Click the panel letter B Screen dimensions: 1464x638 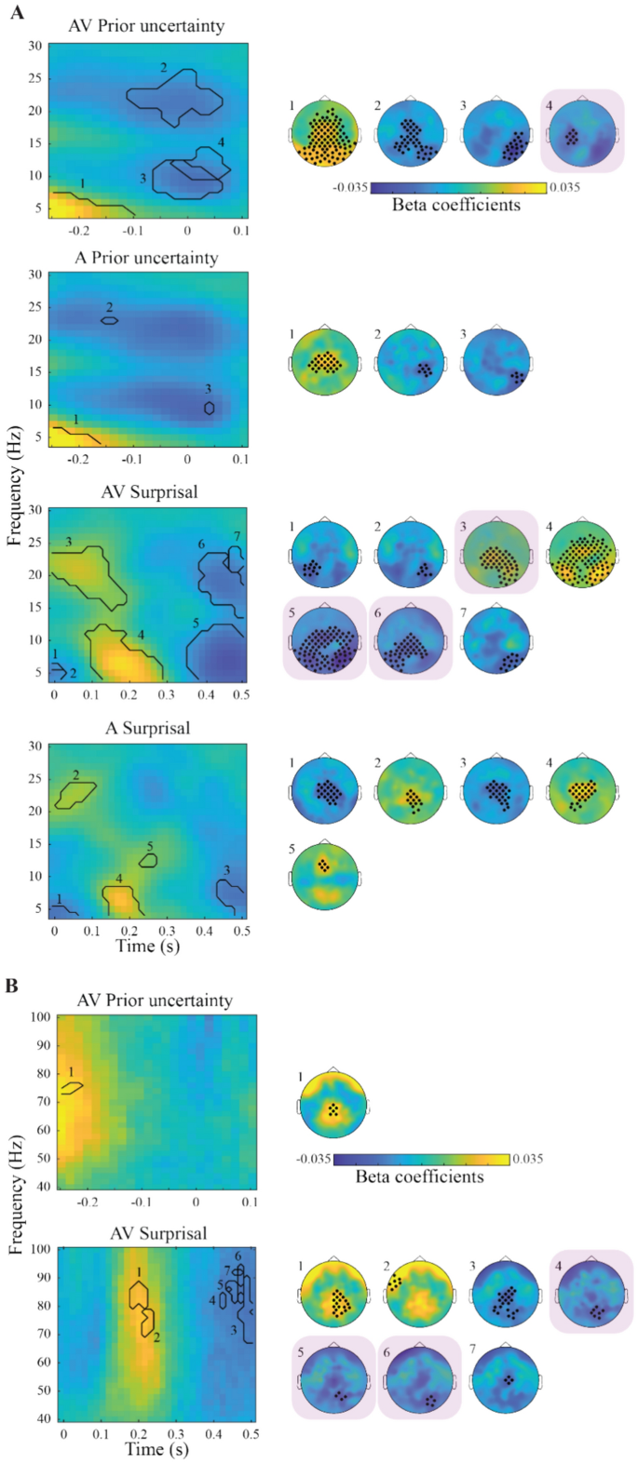(12, 983)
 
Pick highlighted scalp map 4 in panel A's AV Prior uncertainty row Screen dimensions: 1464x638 (582, 130)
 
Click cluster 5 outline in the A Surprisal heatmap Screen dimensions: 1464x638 (148, 860)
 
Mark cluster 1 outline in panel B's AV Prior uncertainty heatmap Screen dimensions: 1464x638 (73, 1087)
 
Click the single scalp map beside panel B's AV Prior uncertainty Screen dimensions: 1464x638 (333, 1105)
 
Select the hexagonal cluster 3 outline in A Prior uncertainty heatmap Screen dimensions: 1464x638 (210, 407)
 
